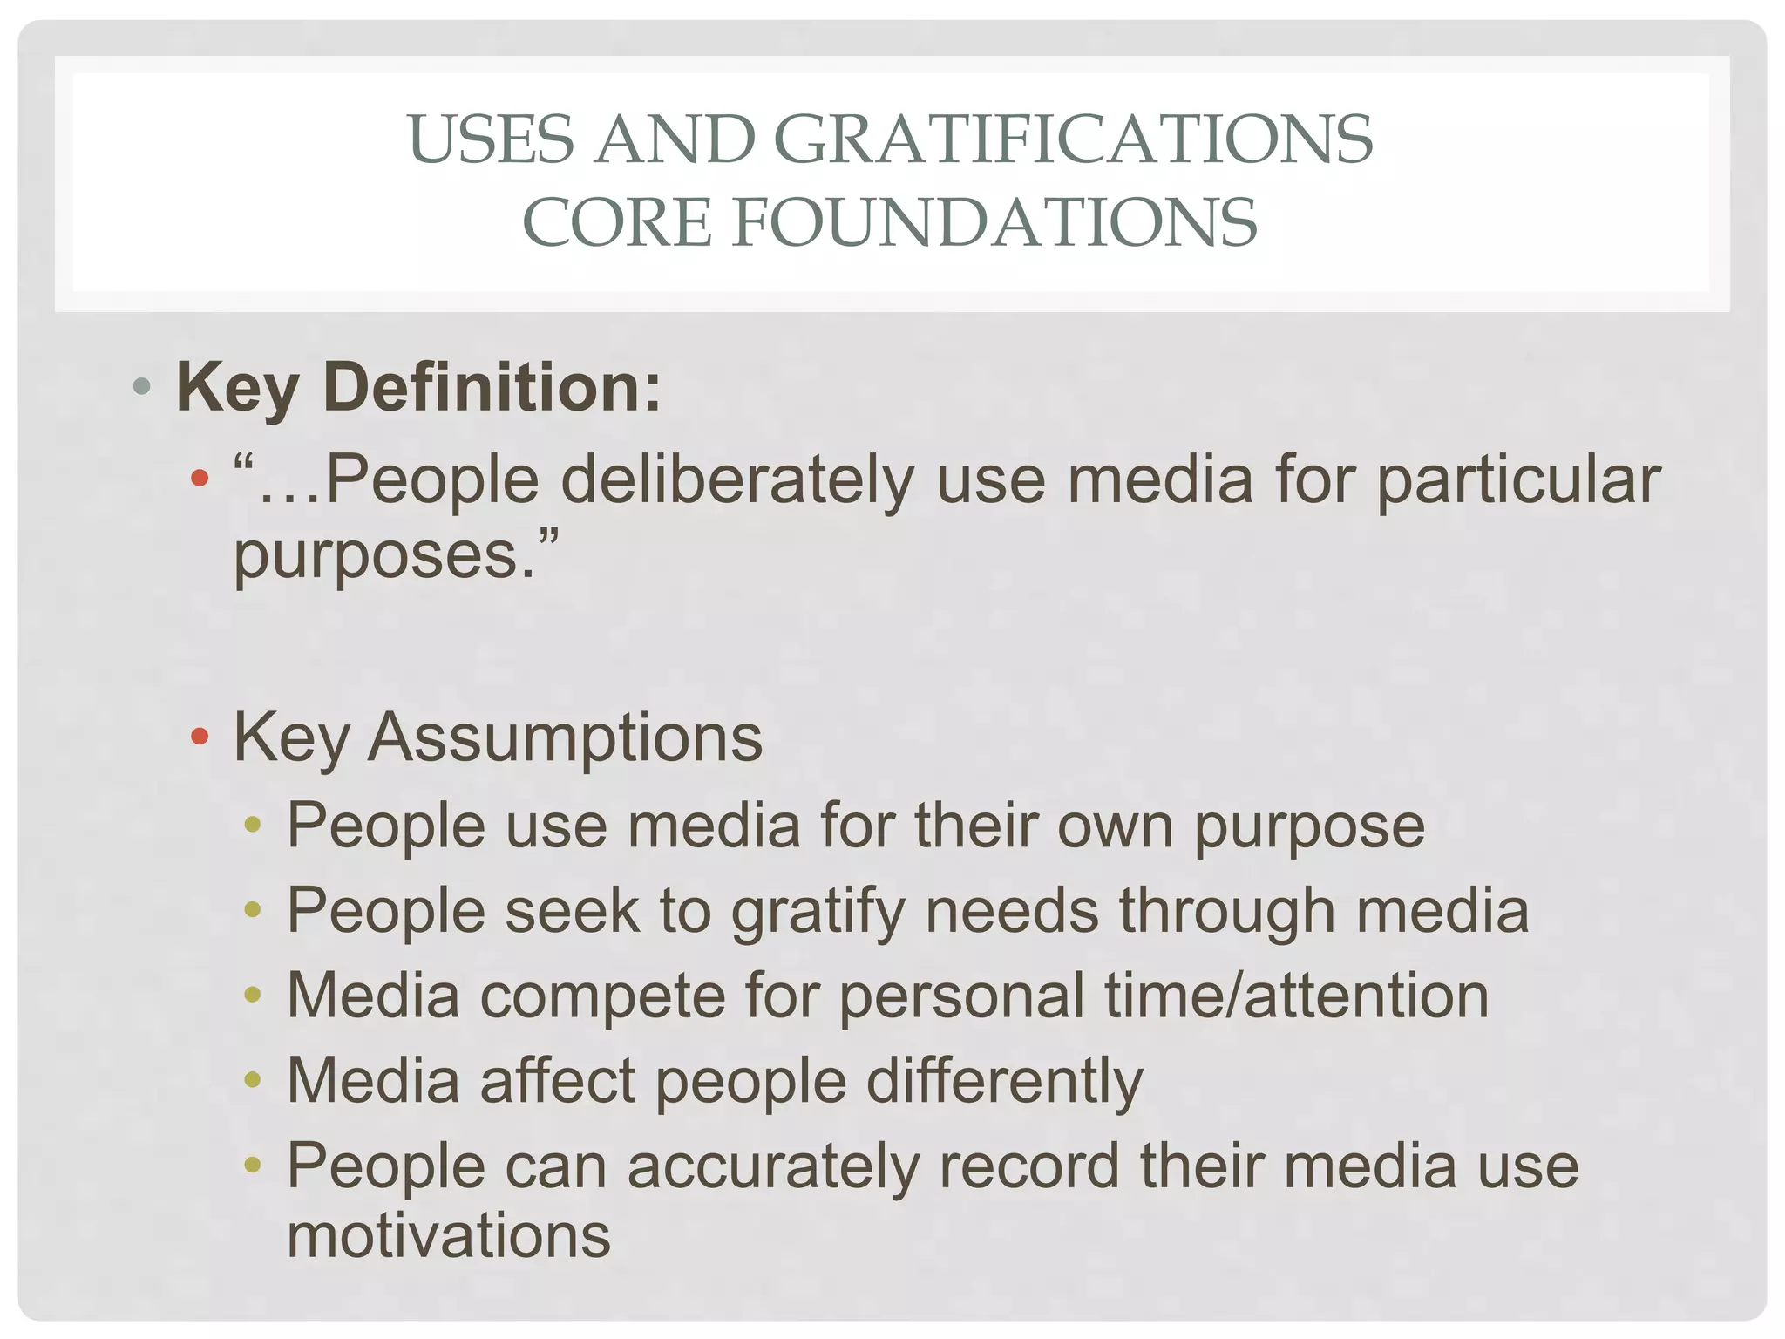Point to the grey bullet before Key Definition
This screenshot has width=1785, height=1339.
[x=143, y=385]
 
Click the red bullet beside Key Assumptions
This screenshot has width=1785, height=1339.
[x=200, y=737]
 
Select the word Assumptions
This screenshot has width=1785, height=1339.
[x=565, y=737]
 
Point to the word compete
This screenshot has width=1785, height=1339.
[x=602, y=996]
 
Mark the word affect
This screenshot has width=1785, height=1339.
[x=558, y=1081]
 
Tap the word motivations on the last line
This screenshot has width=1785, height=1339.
[x=449, y=1235]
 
